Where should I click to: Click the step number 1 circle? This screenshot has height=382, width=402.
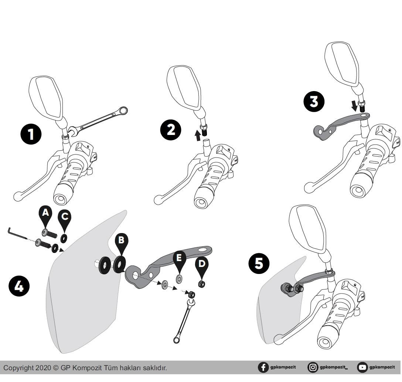click(x=31, y=134)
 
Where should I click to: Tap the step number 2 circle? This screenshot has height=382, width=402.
click(x=171, y=129)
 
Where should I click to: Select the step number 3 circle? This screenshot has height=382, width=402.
click(x=314, y=101)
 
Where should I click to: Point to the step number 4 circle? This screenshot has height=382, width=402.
click(x=19, y=286)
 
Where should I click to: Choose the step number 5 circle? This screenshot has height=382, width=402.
click(x=259, y=263)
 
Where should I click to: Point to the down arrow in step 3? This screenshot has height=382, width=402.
click(x=354, y=106)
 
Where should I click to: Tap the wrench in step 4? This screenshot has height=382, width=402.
click(x=184, y=317)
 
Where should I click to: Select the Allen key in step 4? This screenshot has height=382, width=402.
click(x=17, y=233)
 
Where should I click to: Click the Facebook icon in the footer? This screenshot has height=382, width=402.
click(x=263, y=367)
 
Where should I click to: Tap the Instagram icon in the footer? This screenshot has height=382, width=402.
click(x=313, y=367)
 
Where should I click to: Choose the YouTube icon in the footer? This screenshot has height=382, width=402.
click(x=362, y=367)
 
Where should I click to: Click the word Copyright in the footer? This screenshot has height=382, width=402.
click(x=18, y=368)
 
